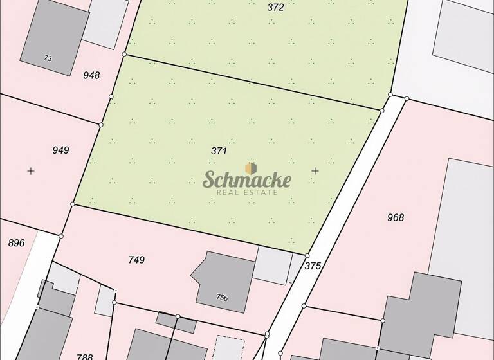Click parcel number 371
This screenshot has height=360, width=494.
point(219,150)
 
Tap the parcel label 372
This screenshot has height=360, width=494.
point(275,8)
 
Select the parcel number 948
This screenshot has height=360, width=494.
point(92,75)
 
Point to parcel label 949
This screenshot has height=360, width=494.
point(60,150)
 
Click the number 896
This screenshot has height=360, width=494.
point(16,242)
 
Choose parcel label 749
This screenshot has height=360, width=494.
point(136,260)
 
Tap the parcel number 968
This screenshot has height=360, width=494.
point(396,217)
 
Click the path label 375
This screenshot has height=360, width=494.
point(313,265)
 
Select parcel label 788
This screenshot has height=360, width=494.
point(85,356)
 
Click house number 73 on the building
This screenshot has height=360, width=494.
point(48,59)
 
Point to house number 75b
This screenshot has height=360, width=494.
point(222,298)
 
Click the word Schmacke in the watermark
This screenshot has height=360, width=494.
point(247,180)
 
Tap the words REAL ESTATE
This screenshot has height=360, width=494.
point(247,192)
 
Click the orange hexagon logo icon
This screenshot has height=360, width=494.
point(251,168)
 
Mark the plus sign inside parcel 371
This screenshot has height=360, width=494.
point(315,170)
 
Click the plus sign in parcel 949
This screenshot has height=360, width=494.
point(30,171)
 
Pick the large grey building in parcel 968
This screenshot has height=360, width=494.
point(466,219)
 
